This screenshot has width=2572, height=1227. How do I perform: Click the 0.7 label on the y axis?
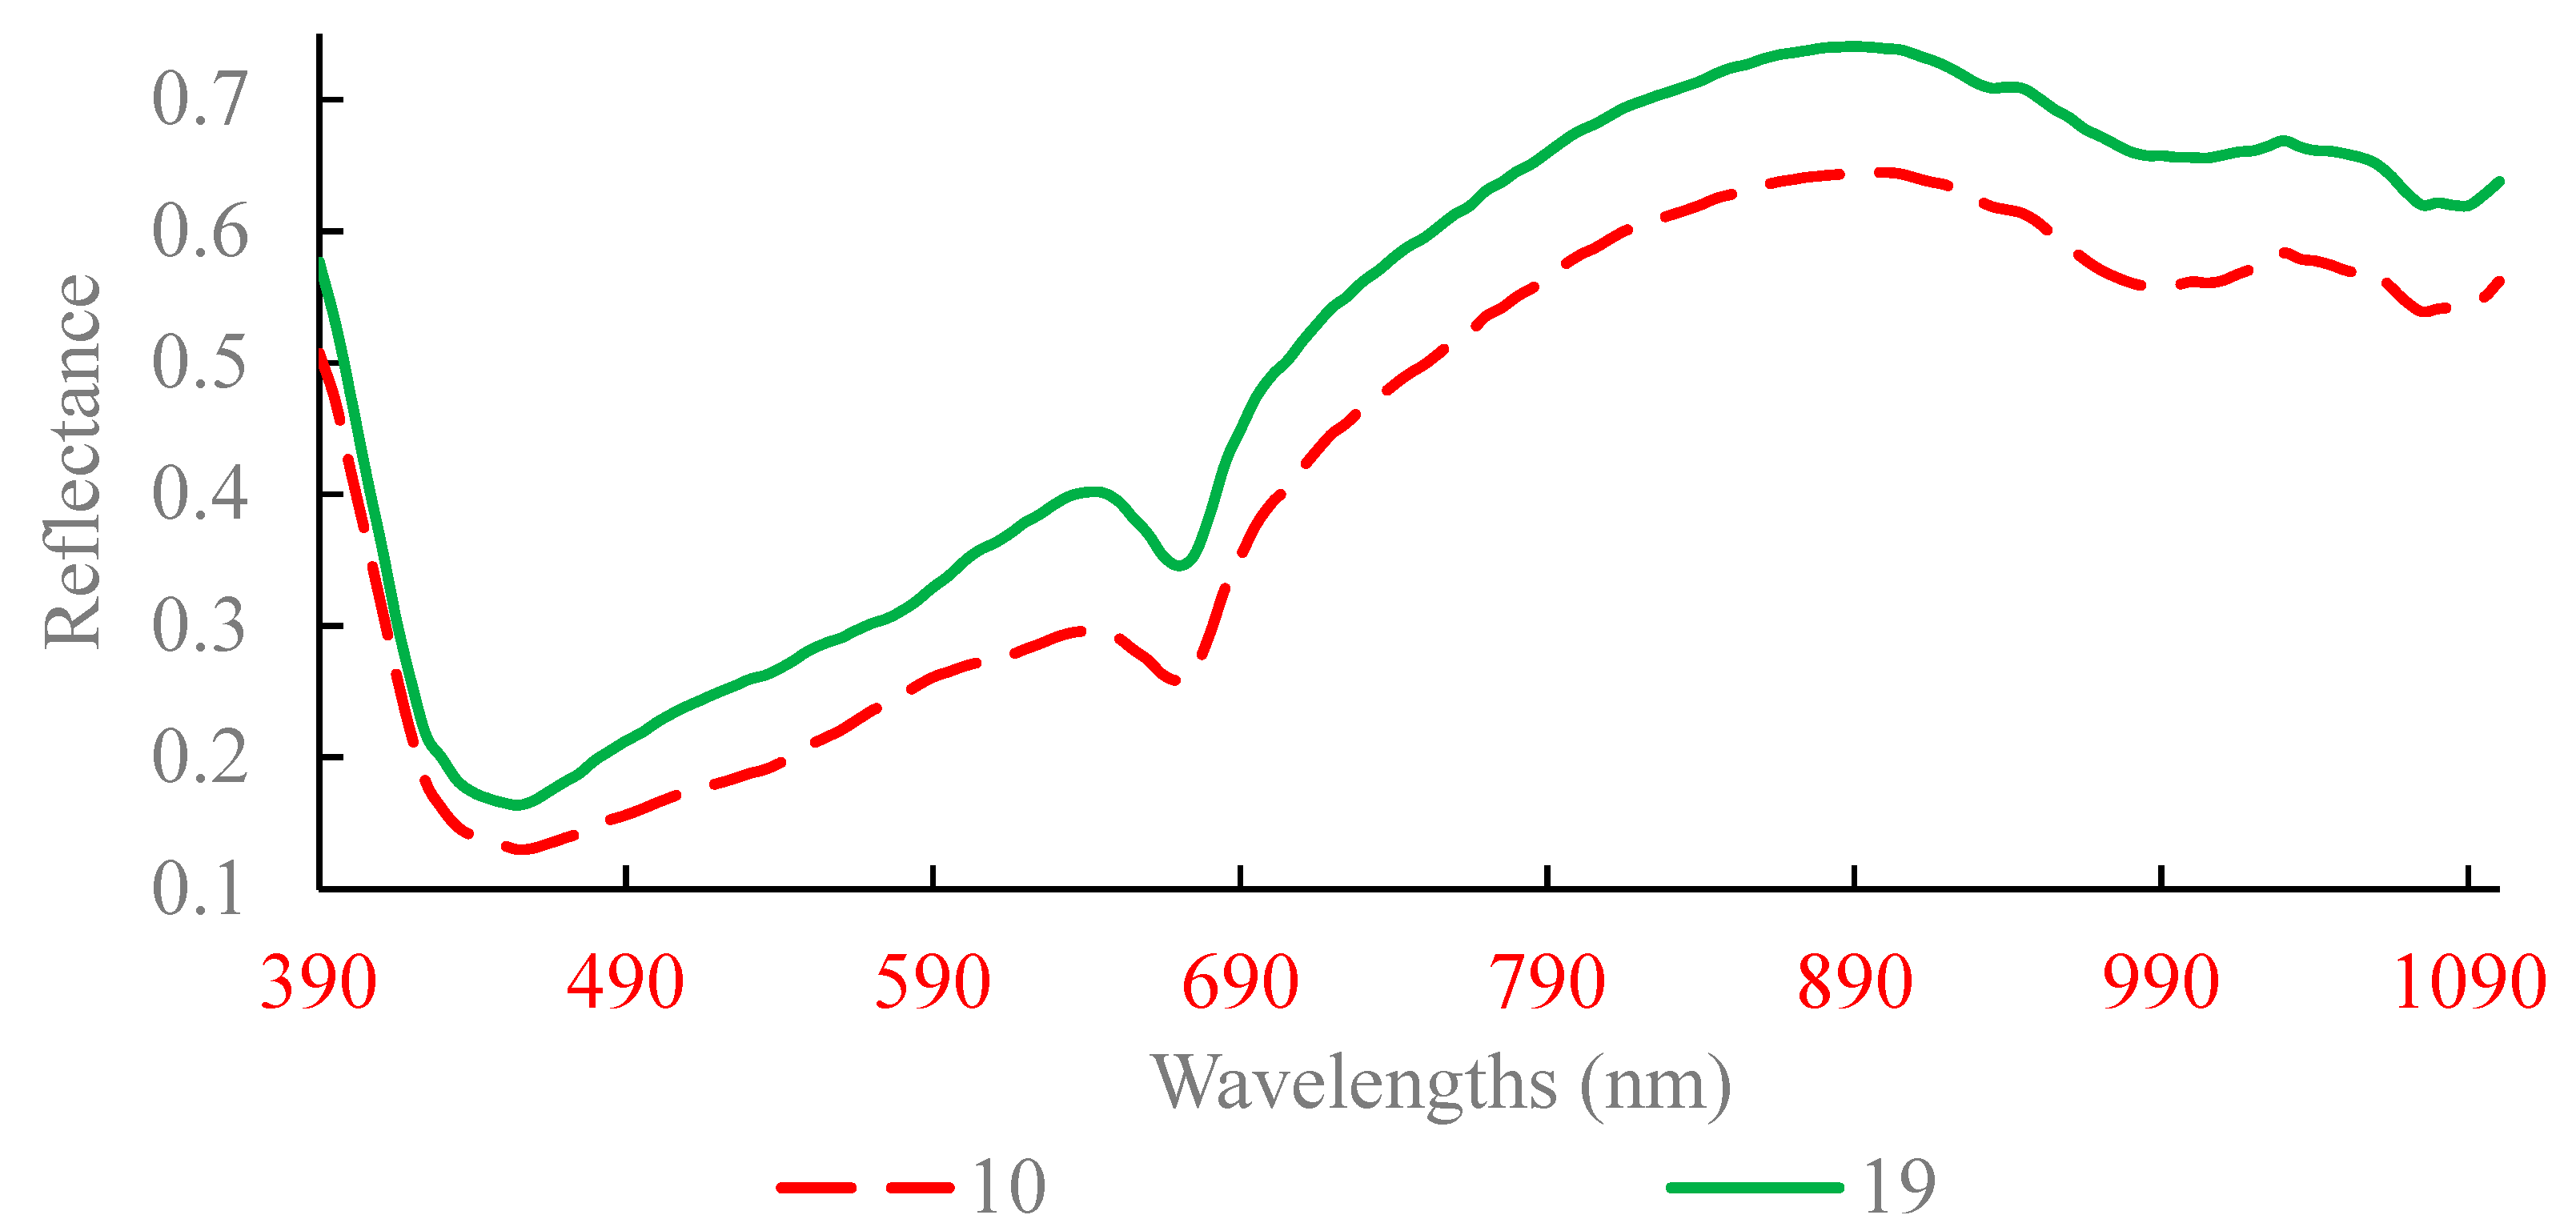(x=199, y=100)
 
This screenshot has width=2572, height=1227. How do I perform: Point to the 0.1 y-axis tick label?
(x=197, y=888)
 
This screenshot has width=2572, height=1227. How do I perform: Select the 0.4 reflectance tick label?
(x=199, y=493)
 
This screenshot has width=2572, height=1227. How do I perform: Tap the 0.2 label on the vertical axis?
(x=199, y=756)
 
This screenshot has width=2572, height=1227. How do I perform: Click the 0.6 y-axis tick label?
(x=199, y=231)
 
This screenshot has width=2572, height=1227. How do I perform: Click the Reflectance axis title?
(x=73, y=461)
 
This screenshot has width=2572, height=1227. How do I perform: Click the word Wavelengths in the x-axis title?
(x=1354, y=1083)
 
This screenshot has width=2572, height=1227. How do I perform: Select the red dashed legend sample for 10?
(x=865, y=1187)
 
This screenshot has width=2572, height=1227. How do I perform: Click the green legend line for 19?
(x=1754, y=1187)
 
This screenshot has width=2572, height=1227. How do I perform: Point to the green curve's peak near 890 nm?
(x=1853, y=46)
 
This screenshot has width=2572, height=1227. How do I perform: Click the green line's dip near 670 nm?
(x=1180, y=565)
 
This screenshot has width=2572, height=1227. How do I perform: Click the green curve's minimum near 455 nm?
(x=517, y=804)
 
